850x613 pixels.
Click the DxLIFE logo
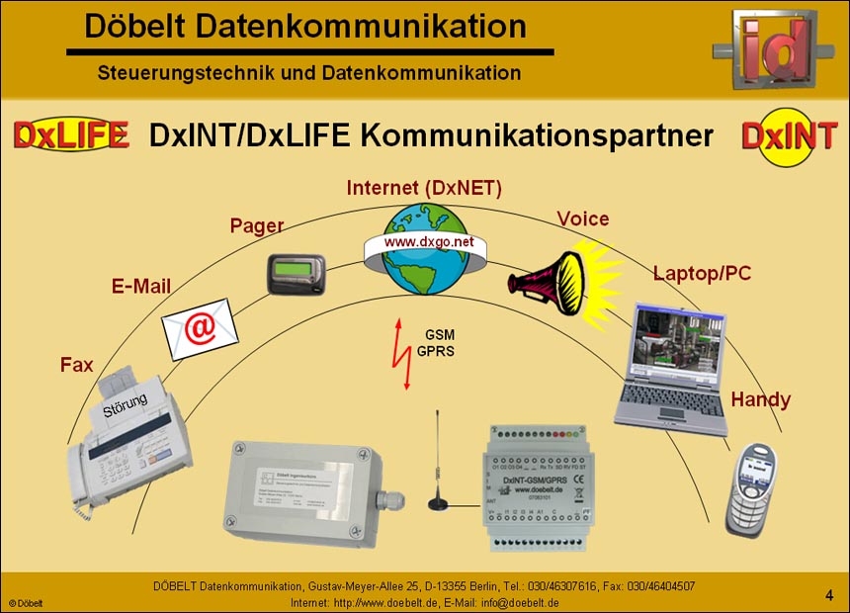pos(71,135)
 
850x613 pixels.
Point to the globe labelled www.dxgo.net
pos(428,248)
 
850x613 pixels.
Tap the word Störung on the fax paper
pos(126,404)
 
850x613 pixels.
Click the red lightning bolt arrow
pos(401,354)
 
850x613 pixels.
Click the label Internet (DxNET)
pos(424,188)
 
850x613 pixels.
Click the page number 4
pos(829,594)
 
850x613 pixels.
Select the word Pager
pos(257,225)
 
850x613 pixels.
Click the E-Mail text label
pos(140,287)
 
